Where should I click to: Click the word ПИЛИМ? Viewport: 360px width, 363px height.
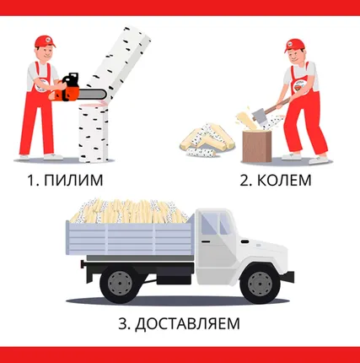click(x=73, y=180)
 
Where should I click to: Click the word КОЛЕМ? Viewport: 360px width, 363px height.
click(x=284, y=180)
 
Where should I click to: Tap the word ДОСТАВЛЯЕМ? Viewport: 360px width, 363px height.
click(x=187, y=323)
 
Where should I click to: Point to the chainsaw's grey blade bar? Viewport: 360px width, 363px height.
click(x=93, y=94)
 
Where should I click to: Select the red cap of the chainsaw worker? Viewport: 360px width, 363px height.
click(x=45, y=41)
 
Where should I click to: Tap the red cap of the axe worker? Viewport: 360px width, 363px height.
click(x=293, y=46)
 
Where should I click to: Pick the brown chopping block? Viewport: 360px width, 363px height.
click(x=257, y=146)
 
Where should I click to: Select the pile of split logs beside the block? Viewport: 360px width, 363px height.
click(x=207, y=140)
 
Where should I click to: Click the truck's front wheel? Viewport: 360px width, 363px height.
click(x=260, y=284)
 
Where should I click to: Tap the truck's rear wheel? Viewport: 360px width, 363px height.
click(x=120, y=284)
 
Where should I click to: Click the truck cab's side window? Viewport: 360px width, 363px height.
click(x=208, y=225)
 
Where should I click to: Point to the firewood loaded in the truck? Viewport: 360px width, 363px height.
click(x=129, y=211)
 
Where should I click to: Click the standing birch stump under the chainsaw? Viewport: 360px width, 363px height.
click(x=94, y=133)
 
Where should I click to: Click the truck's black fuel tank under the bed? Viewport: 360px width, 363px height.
click(x=174, y=275)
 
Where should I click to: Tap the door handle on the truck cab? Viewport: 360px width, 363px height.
click(x=206, y=241)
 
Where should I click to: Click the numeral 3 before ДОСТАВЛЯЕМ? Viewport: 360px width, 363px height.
click(x=123, y=323)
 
